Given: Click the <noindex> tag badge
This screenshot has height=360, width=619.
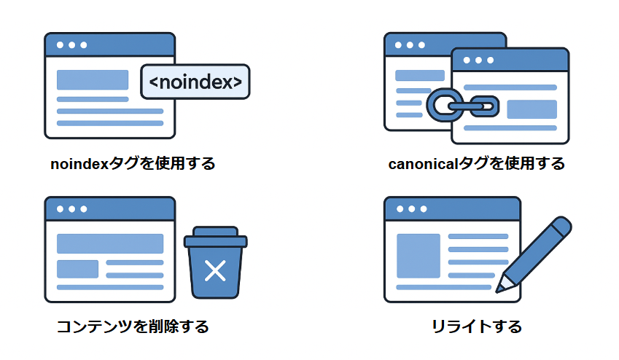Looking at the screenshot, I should coord(195,82).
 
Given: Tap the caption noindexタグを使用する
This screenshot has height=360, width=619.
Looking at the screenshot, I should coord(133,164).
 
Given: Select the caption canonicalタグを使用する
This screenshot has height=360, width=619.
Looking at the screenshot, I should coord(477,164).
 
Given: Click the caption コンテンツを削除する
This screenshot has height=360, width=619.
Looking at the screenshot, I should coord(133,326).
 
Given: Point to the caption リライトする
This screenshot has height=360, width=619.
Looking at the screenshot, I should coord(477,326).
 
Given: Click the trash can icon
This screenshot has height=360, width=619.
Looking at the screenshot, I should coord(215,266).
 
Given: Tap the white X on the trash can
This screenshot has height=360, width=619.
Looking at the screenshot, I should coord(215,271).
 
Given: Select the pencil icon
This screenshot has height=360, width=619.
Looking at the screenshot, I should coord(536,251).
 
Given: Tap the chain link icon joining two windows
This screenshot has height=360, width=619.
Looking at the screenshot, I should coord(462,106).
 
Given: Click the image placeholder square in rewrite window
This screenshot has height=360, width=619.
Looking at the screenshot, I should coord(418,255).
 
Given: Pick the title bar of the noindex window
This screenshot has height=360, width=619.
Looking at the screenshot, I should coord(109,44).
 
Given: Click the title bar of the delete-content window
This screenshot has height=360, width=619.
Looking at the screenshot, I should coord(109,208).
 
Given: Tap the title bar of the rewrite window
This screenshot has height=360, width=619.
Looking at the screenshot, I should coord(452,208).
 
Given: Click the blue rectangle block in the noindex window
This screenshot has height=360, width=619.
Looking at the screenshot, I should coord(93,79).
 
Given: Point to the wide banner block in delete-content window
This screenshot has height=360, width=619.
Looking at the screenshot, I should coord(109,243).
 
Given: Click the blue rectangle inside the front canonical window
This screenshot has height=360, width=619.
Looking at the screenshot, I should coord(532,109).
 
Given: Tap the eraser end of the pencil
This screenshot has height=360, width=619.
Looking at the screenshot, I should coord(562,224).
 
